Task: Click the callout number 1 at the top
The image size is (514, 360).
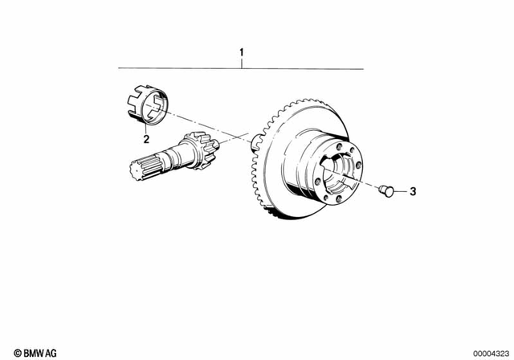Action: (x=240, y=55)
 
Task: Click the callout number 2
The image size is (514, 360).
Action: (x=146, y=138)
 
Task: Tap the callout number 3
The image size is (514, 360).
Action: (x=413, y=191)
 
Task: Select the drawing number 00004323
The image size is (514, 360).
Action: (x=490, y=352)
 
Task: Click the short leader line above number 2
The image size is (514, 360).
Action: (x=146, y=127)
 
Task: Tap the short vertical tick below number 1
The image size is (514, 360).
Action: (x=240, y=64)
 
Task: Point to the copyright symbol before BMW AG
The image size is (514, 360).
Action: (x=7, y=352)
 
